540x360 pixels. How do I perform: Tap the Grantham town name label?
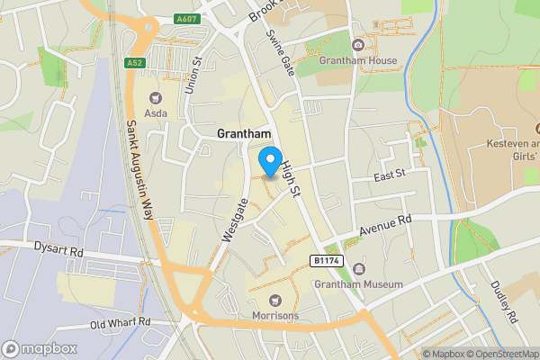[x=245, y=133]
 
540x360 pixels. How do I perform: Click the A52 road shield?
[x=135, y=63]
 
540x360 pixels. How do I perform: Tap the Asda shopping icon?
[x=154, y=97]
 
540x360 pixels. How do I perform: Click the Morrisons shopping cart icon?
[x=275, y=301]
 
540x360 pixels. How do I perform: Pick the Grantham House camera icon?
[x=358, y=45]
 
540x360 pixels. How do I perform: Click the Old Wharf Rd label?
[x=121, y=322]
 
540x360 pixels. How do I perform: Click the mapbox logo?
[x=40, y=348]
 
